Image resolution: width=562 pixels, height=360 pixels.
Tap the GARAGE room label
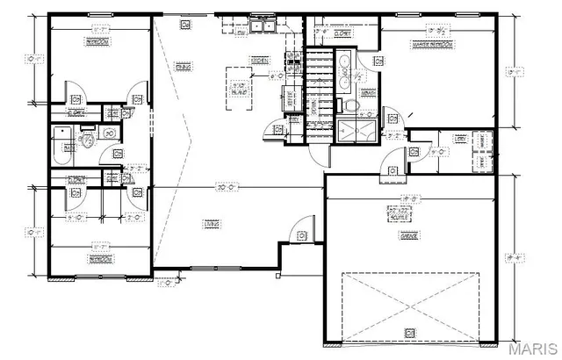point(408,235)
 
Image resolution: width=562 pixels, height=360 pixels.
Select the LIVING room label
point(212,224)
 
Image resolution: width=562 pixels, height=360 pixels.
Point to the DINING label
point(183,66)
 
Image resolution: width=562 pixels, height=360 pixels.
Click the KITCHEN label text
point(260,60)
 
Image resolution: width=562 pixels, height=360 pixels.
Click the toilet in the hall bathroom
point(88,140)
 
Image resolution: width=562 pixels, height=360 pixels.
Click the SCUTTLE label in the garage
point(401,215)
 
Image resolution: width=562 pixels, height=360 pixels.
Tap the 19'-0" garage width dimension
point(409,198)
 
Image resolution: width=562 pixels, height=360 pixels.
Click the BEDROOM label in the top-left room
point(98,41)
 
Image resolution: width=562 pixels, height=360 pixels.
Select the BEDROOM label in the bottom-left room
point(99,259)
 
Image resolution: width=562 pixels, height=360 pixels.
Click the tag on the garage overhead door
point(409,331)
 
